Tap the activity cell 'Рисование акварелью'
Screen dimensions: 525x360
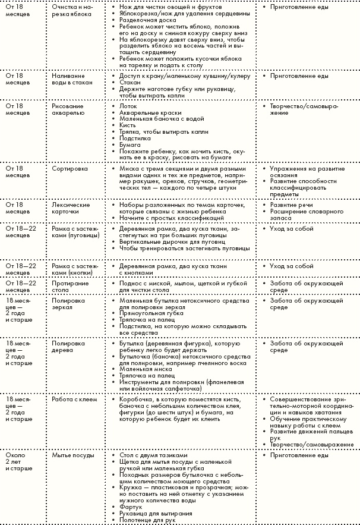(68, 109)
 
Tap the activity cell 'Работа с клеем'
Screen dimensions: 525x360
(74, 399)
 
